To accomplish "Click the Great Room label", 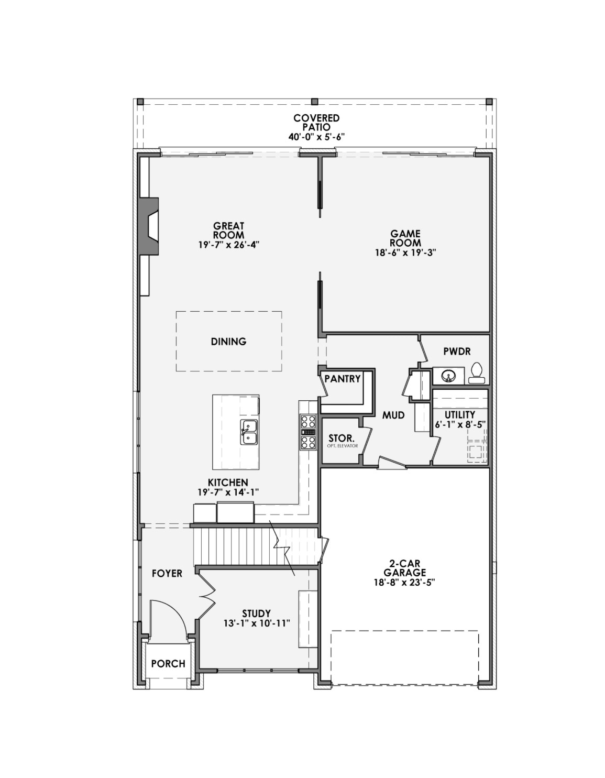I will pos(228,231).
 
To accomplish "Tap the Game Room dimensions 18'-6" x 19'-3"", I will pos(405,252).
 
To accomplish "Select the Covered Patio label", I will pos(316,123).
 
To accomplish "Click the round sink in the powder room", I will pos(447,376).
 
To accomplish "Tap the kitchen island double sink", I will pos(249,432).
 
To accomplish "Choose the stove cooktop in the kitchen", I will pos(307,432).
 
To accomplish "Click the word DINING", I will pos(228,342).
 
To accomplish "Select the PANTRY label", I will pos(342,379).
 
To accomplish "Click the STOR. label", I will pos(342,438).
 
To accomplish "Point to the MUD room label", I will pos(393,415).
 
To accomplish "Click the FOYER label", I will pos(167,574).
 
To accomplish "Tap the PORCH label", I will pos(168,664).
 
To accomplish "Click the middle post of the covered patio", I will pos(315,102).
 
